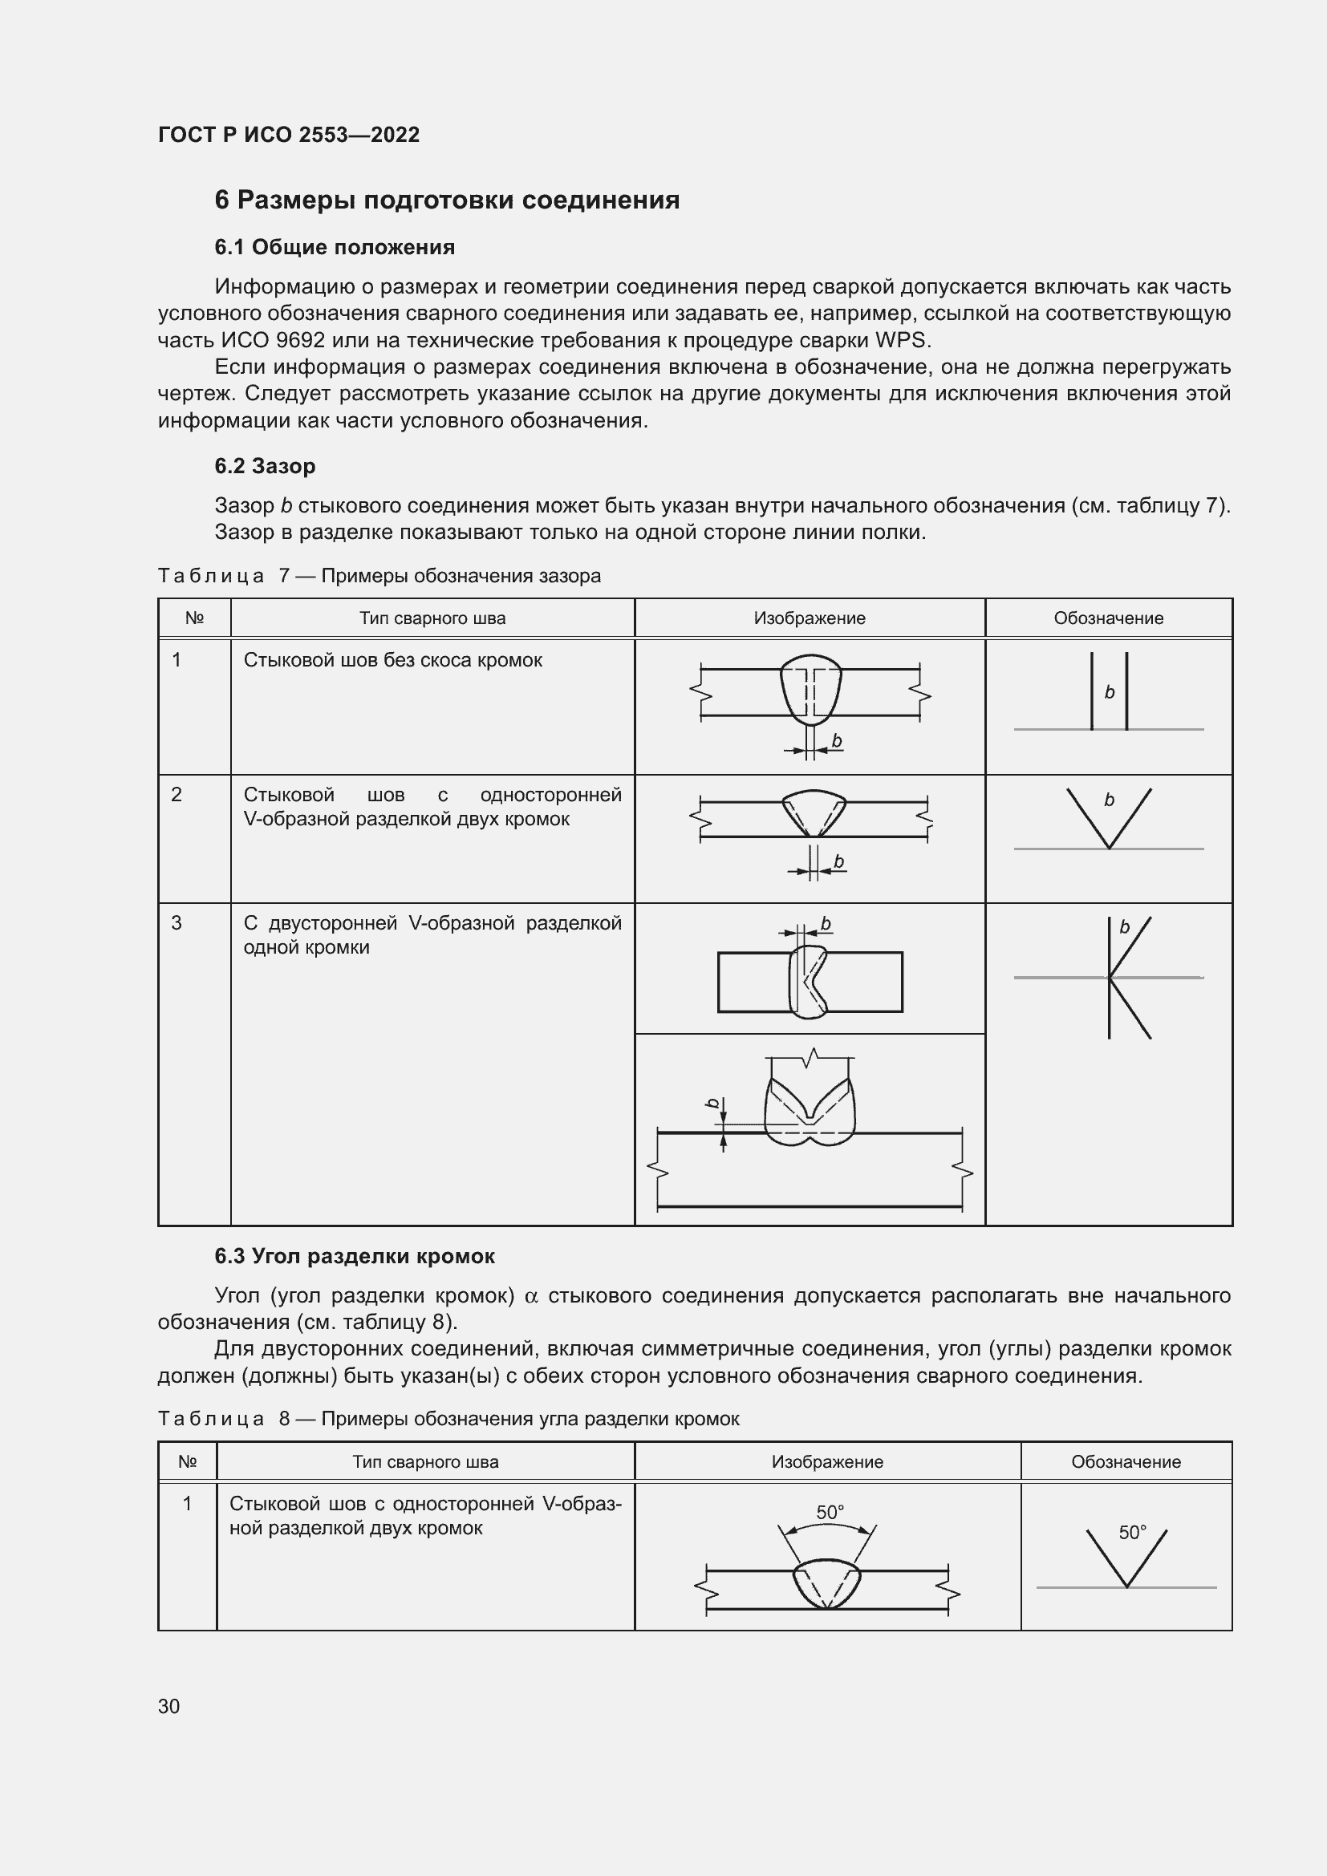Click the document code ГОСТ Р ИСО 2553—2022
tap(289, 135)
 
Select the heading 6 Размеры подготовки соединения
tap(447, 201)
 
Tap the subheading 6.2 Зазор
tap(265, 466)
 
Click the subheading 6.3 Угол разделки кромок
tap(355, 1256)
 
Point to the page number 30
tap(169, 1706)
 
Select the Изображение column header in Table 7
tap(809, 618)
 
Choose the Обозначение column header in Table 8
tap(1125, 1462)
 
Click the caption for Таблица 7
tap(379, 575)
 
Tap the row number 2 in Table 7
tap(177, 794)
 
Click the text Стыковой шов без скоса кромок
tap(393, 660)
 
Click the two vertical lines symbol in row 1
tap(1109, 691)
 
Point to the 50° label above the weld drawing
tap(830, 1513)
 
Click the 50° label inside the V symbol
tap(1132, 1533)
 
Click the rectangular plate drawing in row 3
tap(809, 981)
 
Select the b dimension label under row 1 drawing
tap(836, 741)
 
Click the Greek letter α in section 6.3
tap(531, 1297)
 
